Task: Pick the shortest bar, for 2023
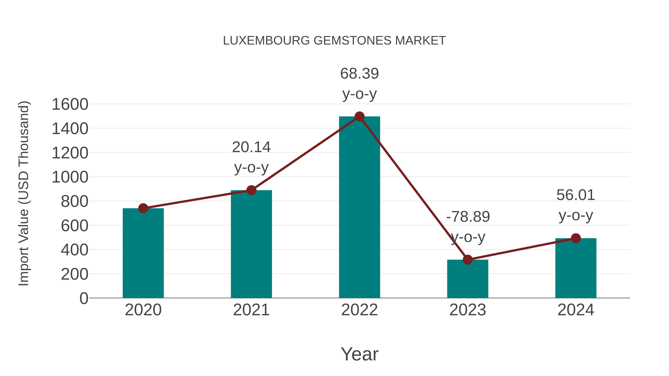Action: (468, 279)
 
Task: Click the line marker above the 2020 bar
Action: (143, 208)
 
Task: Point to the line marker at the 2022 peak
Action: (359, 116)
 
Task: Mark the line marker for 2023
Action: (468, 260)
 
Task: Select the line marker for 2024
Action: (576, 238)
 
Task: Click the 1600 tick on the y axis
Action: (70, 104)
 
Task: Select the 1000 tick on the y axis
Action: (70, 177)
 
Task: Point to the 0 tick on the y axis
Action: (84, 298)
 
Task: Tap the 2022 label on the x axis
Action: (359, 310)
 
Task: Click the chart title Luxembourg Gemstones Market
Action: (334, 41)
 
